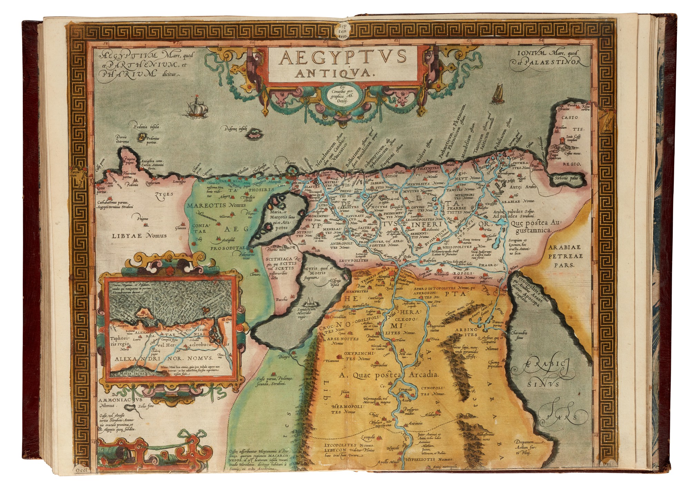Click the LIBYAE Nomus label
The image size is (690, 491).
(x=139, y=236)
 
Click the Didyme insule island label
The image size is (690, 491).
(x=238, y=129)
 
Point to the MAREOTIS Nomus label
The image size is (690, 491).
(x=217, y=205)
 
